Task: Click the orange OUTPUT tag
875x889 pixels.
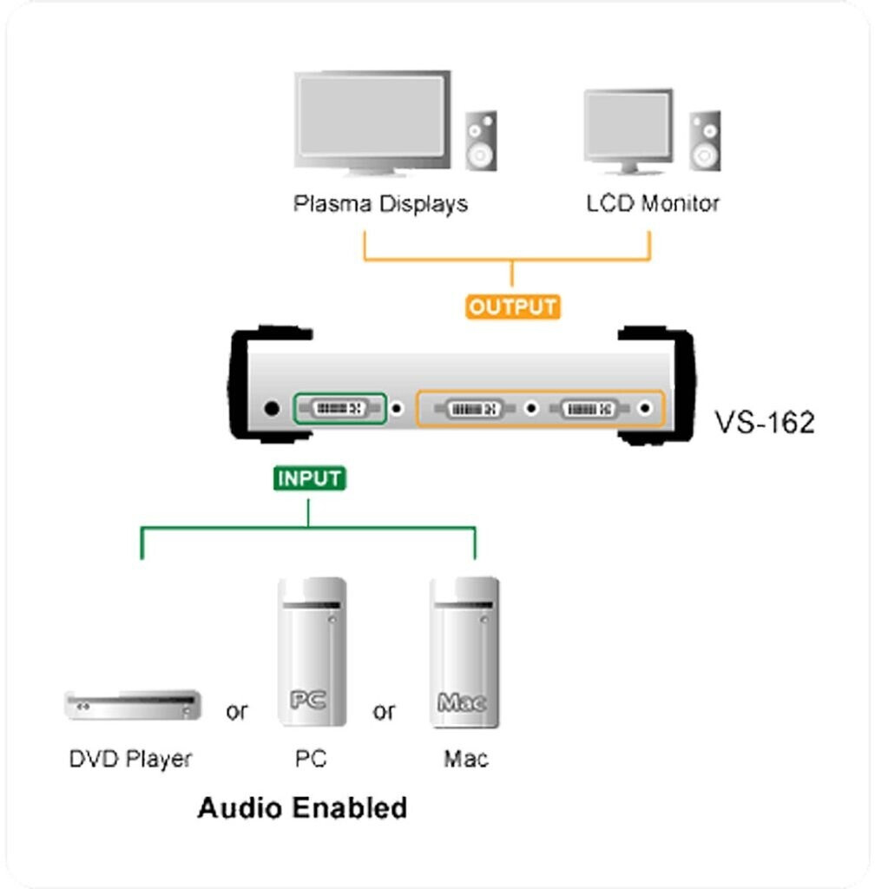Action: click(x=513, y=307)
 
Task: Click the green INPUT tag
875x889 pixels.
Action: click(x=310, y=478)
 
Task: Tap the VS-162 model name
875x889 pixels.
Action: click(x=765, y=423)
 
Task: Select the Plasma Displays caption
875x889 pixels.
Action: click(x=380, y=204)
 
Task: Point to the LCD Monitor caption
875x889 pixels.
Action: click(x=653, y=204)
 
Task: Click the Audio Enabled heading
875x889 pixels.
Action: click(x=302, y=808)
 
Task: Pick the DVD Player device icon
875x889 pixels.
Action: click(x=133, y=705)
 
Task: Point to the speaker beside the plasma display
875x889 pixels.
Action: click(x=481, y=141)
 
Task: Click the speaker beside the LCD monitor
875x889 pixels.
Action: click(x=705, y=141)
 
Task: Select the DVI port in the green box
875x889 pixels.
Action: click(x=339, y=407)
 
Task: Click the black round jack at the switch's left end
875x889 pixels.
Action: click(x=272, y=407)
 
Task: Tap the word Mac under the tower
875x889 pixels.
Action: click(x=466, y=760)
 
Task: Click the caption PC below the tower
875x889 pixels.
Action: click(x=310, y=760)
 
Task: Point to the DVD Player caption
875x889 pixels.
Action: click(x=130, y=760)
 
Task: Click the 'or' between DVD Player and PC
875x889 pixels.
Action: click(x=236, y=712)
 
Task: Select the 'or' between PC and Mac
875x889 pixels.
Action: click(x=384, y=712)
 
